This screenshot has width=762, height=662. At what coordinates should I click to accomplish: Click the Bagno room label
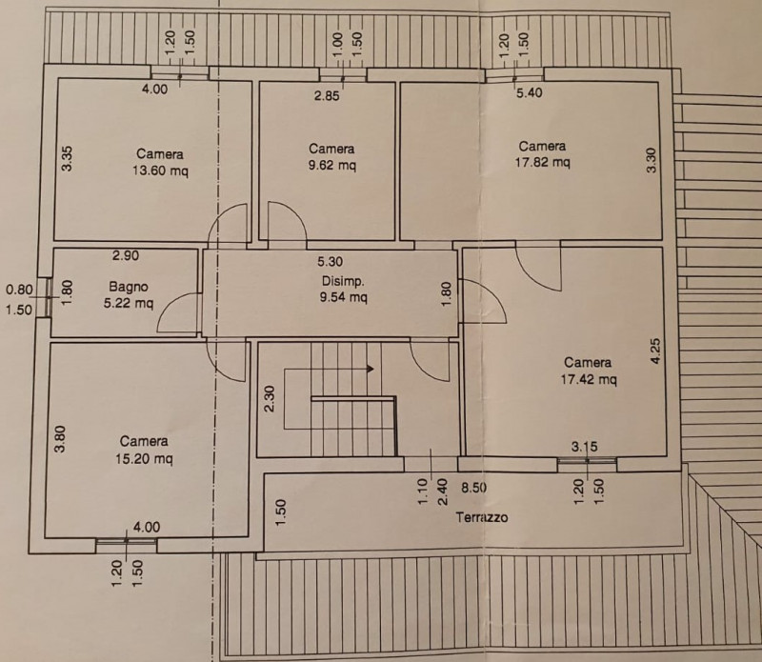tap(129, 287)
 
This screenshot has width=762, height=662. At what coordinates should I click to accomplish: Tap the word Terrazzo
tap(482, 517)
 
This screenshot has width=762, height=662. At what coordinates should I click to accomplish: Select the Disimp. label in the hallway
tap(343, 281)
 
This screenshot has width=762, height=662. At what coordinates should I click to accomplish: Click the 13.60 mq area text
tap(160, 171)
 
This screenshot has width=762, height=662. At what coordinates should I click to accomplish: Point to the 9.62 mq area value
tap(331, 165)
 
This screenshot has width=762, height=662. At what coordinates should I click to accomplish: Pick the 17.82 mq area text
tap(542, 162)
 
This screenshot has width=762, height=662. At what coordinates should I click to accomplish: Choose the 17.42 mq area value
tap(589, 379)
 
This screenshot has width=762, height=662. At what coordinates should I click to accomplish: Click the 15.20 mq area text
tap(144, 458)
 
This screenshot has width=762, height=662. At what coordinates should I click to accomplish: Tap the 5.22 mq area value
tap(129, 303)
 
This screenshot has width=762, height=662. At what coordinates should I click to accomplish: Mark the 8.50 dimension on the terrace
tap(473, 488)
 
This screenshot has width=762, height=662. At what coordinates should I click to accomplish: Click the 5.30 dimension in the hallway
tap(330, 262)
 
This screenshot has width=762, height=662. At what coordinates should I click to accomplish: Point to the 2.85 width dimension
tap(327, 96)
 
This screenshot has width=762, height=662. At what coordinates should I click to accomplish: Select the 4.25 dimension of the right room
tap(655, 351)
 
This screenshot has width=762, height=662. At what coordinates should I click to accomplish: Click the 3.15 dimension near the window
tap(584, 447)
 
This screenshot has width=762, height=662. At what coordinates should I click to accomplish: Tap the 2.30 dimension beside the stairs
tap(271, 398)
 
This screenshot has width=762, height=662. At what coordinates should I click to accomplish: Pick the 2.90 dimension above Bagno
tap(126, 255)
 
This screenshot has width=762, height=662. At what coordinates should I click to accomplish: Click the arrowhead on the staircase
tap(371, 369)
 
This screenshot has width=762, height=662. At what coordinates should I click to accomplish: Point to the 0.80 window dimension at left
tap(19, 290)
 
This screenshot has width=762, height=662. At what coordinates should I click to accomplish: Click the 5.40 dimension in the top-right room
tap(530, 92)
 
